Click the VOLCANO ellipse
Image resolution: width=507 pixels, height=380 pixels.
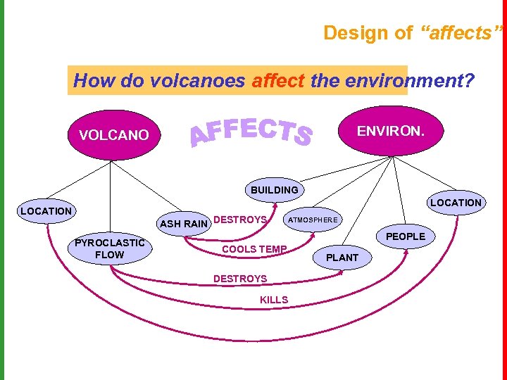114,135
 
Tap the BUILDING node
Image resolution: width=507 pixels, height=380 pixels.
274,190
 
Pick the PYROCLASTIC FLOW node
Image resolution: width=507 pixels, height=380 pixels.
109,249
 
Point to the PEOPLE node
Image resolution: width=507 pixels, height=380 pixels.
406,236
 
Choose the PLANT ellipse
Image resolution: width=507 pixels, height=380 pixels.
342,258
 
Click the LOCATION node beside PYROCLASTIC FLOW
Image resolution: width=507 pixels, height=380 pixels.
46,211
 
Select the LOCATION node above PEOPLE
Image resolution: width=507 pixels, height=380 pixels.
456,203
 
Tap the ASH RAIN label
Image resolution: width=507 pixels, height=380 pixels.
184,224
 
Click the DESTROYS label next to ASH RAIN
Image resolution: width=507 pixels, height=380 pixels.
239,220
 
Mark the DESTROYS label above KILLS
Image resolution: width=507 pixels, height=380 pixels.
239,279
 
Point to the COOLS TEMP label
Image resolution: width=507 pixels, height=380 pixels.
254,249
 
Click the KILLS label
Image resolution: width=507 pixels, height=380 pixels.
274,300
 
